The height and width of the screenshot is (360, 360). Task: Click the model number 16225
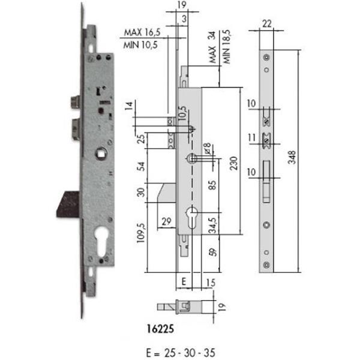click(160, 329)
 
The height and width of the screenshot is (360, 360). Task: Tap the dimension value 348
click(292, 157)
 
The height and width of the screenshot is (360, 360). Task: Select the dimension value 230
click(234, 163)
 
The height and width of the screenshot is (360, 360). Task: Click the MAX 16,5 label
click(142, 32)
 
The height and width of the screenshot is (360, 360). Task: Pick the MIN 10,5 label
click(140, 45)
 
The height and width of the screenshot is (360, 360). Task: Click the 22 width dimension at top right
click(266, 23)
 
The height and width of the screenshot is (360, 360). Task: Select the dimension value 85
click(212, 185)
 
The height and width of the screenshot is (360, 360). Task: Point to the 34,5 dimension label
click(212, 225)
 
